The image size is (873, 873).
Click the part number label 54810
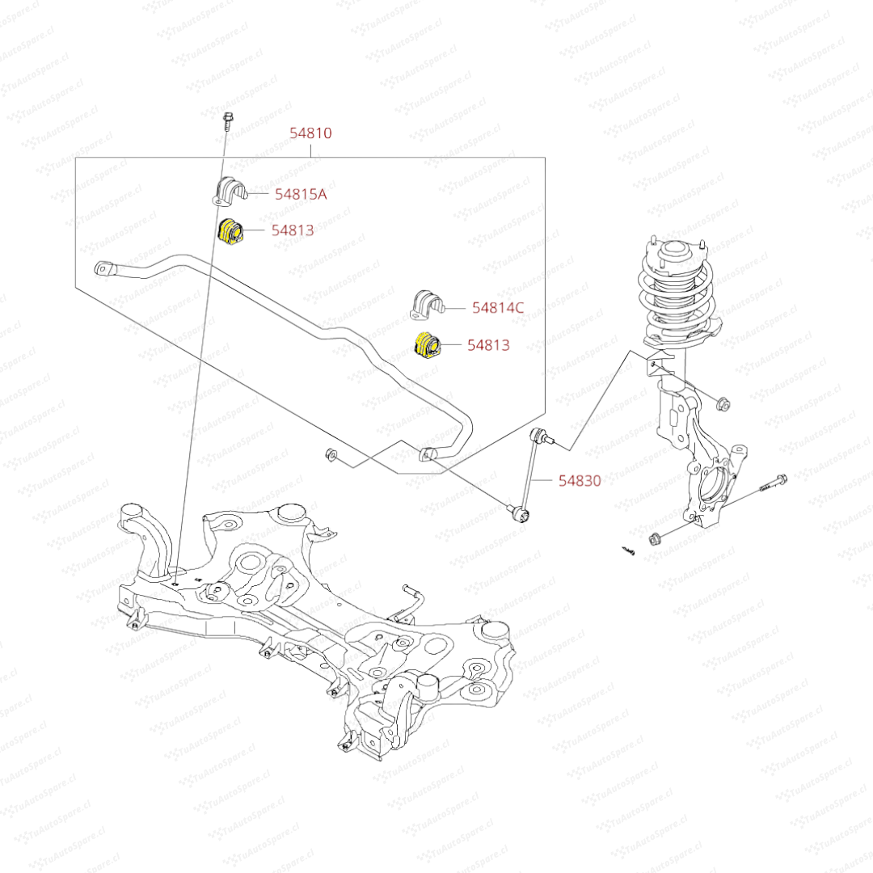(x=310, y=133)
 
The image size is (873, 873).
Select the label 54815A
(x=301, y=194)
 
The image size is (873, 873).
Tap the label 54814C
(x=498, y=307)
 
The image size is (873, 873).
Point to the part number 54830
(x=580, y=480)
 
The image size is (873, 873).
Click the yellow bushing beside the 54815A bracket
(x=231, y=230)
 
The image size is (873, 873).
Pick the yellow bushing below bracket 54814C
(x=426, y=346)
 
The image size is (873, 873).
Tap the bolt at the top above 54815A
(x=226, y=120)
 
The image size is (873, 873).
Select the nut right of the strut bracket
(x=724, y=402)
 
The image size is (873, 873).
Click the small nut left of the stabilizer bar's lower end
(x=330, y=455)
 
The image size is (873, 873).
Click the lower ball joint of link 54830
(x=519, y=510)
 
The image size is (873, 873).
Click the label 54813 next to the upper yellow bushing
(x=293, y=230)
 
